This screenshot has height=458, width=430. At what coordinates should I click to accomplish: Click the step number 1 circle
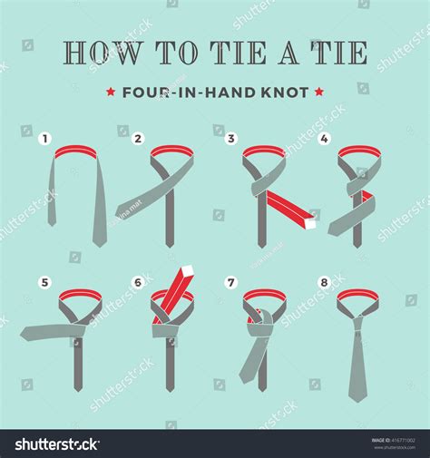pos(43,139)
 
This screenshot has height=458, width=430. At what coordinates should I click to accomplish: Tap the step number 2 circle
pos(139,139)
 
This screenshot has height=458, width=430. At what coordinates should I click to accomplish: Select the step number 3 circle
pos(231,139)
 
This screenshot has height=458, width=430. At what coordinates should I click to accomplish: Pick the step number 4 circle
pos(325,139)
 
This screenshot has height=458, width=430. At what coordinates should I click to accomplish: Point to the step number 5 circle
pos(43,283)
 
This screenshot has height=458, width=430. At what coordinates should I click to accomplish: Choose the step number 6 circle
pos(139,283)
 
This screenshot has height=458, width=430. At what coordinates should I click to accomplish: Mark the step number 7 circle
pos(231,283)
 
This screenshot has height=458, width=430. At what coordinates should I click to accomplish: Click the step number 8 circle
pos(325,283)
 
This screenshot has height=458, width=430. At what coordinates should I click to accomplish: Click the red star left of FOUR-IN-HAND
pos(111,91)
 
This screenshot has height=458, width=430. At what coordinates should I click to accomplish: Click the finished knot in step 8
pos(356,313)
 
